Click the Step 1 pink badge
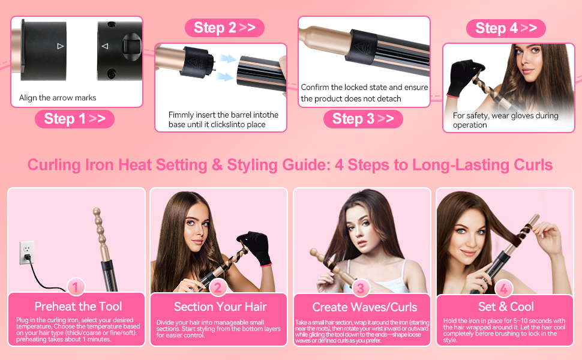(x=74, y=119)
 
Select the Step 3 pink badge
(x=363, y=119)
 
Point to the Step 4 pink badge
(x=506, y=28)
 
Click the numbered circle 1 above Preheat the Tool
(x=76, y=288)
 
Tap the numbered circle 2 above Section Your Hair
(x=218, y=289)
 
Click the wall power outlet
(x=27, y=252)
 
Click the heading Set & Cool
(x=506, y=307)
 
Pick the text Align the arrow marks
(x=58, y=98)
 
